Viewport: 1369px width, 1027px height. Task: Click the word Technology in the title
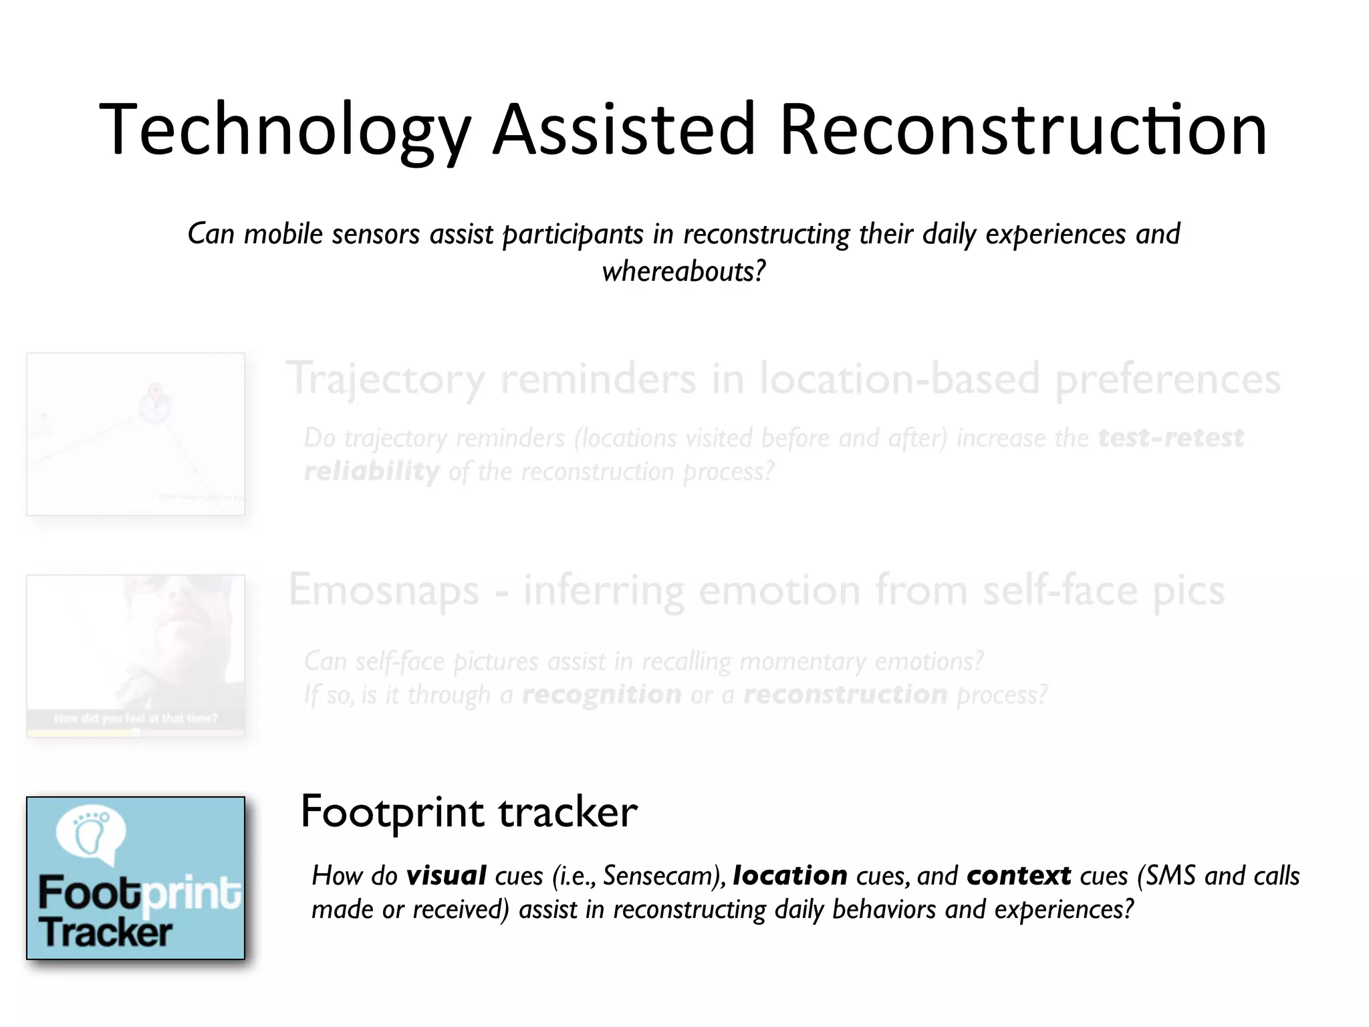pyautogui.click(x=285, y=130)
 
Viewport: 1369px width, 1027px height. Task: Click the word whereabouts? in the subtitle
pyautogui.click(x=683, y=271)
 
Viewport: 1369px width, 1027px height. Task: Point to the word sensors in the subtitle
pyautogui.click(x=376, y=235)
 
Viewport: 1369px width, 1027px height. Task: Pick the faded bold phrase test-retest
pyautogui.click(x=1170, y=438)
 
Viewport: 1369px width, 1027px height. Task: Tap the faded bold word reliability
pyautogui.click(x=372, y=471)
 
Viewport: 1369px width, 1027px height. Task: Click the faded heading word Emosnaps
pyautogui.click(x=384, y=591)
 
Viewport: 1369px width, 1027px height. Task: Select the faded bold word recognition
pyautogui.click(x=601, y=695)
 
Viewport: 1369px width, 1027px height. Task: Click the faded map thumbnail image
pyautogui.click(x=136, y=434)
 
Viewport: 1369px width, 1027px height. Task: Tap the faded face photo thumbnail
pyautogui.click(x=136, y=655)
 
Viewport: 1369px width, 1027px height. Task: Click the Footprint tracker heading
pyautogui.click(x=469, y=812)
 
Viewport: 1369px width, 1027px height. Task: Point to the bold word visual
pyautogui.click(x=447, y=876)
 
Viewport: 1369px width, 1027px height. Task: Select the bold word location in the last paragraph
pyautogui.click(x=790, y=876)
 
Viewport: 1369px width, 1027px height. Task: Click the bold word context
pyautogui.click(x=1019, y=876)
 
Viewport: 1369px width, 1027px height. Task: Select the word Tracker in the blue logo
pyautogui.click(x=105, y=933)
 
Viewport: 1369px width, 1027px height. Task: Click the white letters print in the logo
pyautogui.click(x=192, y=894)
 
